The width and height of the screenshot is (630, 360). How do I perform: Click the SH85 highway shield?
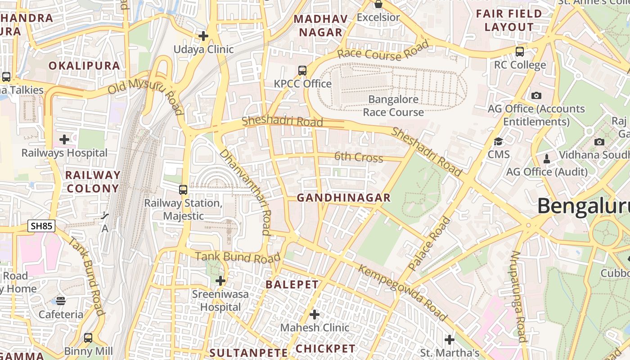[x=41, y=226]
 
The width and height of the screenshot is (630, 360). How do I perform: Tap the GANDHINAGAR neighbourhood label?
[x=344, y=198]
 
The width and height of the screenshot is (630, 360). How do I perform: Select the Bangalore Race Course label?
[x=393, y=106]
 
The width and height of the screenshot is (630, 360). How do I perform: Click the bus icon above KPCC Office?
[x=302, y=71]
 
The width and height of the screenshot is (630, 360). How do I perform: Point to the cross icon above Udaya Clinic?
[x=203, y=36]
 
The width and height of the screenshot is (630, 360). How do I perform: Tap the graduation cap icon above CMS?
[x=499, y=142]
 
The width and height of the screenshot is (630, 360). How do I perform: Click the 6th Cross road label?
[x=359, y=157]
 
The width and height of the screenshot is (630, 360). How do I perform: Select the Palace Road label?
[x=429, y=243]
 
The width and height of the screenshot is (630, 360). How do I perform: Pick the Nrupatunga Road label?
[x=518, y=297]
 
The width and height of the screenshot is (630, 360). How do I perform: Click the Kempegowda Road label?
[x=403, y=292]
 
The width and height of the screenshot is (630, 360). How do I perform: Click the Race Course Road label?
[x=383, y=51]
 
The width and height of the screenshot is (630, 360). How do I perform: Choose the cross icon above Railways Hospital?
[x=64, y=139]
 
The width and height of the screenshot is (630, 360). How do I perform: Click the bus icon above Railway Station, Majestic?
[x=183, y=190]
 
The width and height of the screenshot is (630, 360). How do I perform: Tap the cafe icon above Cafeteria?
[x=61, y=301]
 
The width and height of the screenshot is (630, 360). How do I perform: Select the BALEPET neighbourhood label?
[x=292, y=284]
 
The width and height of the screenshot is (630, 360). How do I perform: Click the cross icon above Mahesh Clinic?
[x=315, y=314]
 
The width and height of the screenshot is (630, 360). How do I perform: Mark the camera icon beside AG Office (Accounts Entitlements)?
[x=536, y=95]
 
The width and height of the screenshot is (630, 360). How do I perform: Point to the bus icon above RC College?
[x=520, y=51]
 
